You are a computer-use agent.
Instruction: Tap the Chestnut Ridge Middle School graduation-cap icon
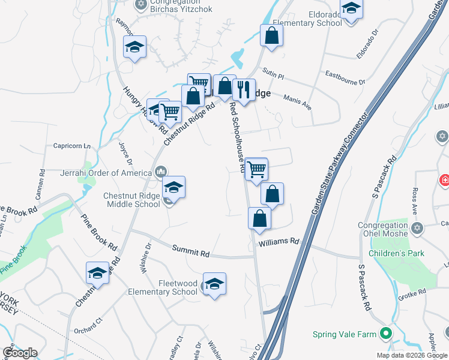coord(173,188)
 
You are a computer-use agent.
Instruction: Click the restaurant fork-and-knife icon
coord(244,90)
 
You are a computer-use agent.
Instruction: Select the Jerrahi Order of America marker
coord(161,173)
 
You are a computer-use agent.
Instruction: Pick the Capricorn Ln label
coord(72,146)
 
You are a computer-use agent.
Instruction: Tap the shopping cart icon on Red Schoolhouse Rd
coord(256,170)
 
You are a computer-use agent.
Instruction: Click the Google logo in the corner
coord(20,353)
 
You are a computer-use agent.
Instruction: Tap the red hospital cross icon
coord(445,179)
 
